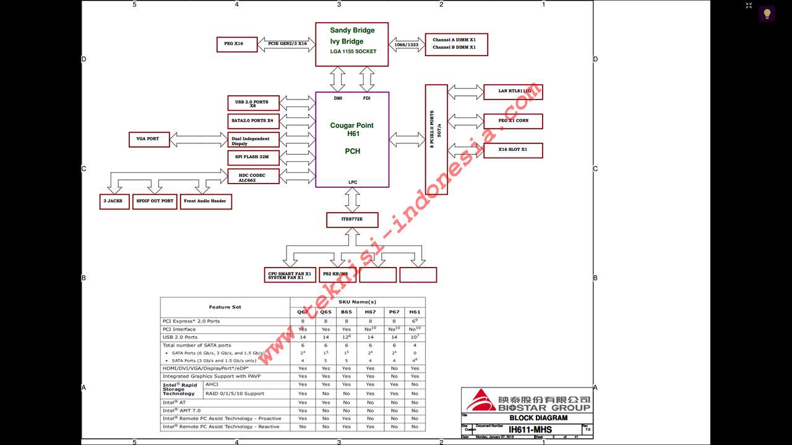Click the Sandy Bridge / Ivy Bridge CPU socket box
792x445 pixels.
(351, 44)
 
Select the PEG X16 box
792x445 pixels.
(237, 44)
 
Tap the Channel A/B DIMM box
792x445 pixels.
(456, 44)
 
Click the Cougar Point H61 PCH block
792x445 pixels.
(352, 139)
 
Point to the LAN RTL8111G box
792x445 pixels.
(512, 91)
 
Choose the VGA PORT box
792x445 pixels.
(148, 139)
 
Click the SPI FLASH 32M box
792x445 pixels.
(254, 157)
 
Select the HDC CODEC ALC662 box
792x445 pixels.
(254, 177)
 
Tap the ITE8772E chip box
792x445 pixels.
(352, 219)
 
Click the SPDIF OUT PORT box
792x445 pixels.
(155, 201)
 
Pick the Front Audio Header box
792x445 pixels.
(205, 201)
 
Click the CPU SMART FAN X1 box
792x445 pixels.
(290, 274)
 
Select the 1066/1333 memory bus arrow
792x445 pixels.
(407, 44)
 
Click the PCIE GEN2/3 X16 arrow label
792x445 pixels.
(286, 44)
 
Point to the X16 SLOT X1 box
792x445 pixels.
(512, 150)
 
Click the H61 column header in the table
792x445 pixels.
(415, 312)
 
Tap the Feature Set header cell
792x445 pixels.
(225, 307)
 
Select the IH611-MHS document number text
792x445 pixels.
(530, 430)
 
